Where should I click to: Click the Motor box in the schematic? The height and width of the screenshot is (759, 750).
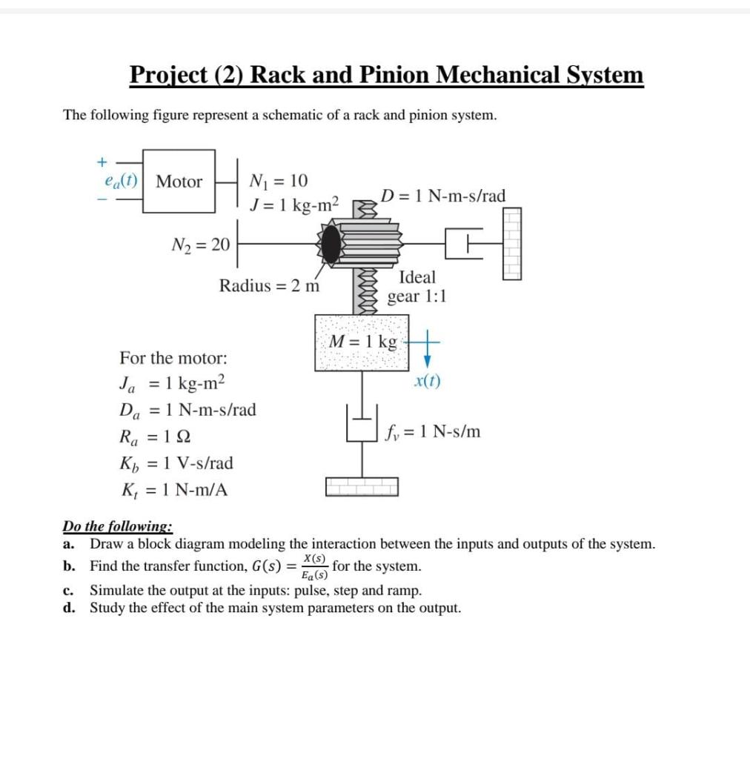tap(179, 182)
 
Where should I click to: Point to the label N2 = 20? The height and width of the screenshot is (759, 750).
tap(201, 245)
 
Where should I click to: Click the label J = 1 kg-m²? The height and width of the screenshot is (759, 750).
tap(293, 204)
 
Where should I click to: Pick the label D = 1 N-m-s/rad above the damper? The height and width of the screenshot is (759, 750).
tap(443, 196)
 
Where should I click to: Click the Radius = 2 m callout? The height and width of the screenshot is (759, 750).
tap(269, 285)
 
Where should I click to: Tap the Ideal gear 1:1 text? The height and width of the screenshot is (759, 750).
tap(417, 287)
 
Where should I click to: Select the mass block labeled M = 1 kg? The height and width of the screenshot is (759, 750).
tap(362, 342)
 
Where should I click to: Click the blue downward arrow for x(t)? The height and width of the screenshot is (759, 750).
tap(427, 354)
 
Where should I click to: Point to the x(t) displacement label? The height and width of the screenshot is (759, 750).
tap(427, 382)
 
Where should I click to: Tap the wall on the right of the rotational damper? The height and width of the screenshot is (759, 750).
tap(511, 242)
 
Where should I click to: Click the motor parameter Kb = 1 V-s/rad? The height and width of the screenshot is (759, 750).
tap(176, 463)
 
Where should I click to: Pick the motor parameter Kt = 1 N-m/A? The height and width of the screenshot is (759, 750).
tap(176, 490)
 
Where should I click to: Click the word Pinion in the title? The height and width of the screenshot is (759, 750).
tap(394, 75)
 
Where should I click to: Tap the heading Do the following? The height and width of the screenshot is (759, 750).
tap(118, 527)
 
